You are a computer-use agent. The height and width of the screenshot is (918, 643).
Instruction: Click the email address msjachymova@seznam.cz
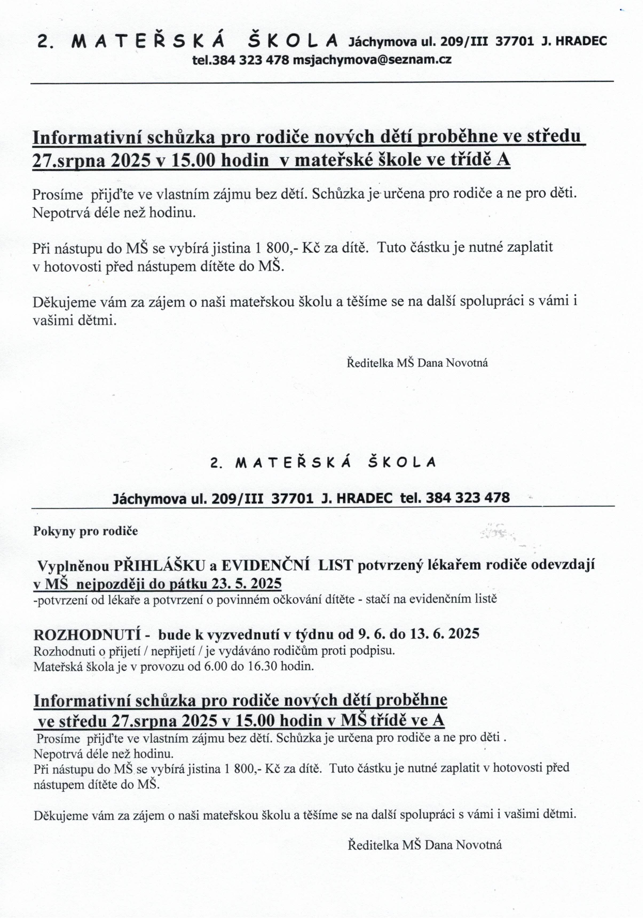coord(372,60)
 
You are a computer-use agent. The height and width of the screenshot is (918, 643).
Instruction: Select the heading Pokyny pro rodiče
coord(85,531)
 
